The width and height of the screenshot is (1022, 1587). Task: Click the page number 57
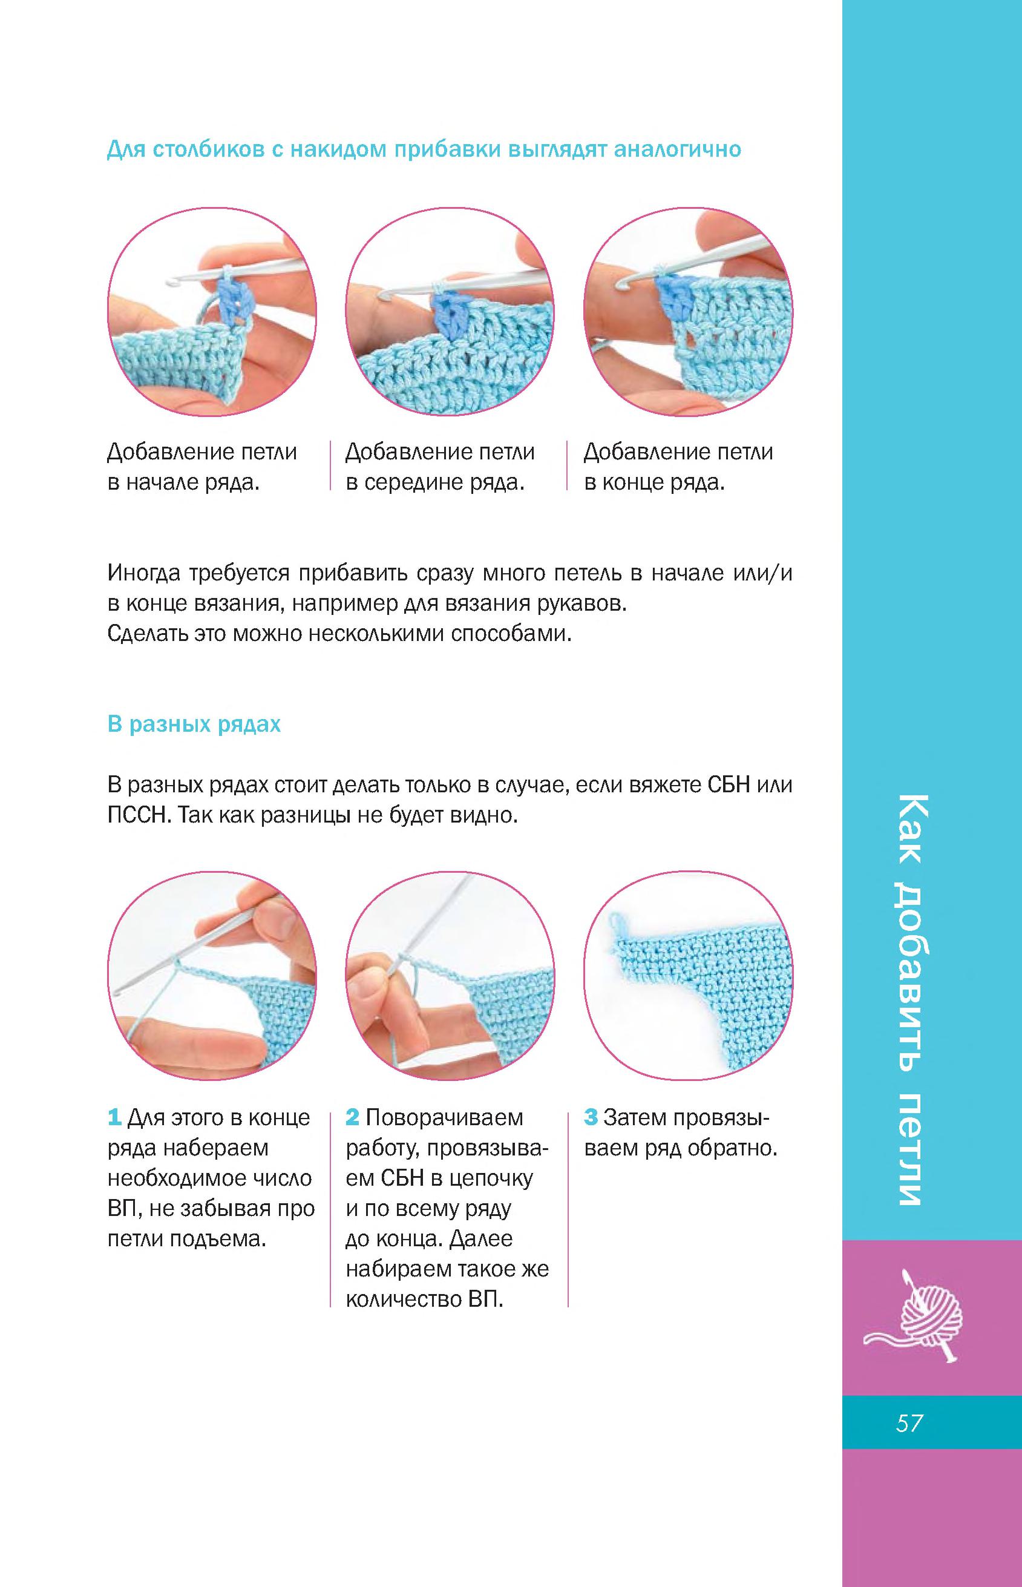coord(909,1423)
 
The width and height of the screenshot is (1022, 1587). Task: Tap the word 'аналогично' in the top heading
coord(677,149)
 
